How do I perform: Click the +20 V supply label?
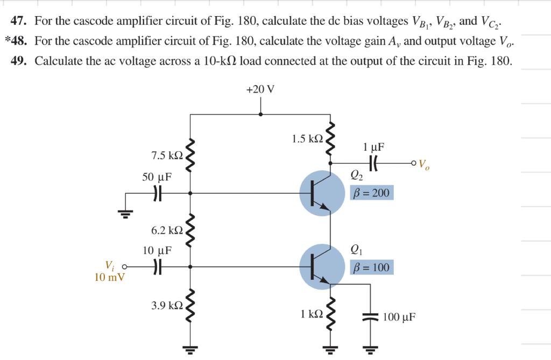point(260,89)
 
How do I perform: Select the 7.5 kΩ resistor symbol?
point(190,155)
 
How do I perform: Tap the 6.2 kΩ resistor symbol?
point(190,230)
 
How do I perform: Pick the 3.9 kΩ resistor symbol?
point(190,306)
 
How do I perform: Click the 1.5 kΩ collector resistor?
point(330,138)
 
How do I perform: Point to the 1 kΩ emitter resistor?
point(330,313)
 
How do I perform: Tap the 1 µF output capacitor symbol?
point(373,162)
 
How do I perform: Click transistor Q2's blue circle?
point(322,193)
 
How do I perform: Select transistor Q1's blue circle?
point(322,267)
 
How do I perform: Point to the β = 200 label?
point(371,193)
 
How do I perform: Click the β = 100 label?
point(371,267)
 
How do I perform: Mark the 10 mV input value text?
point(109,278)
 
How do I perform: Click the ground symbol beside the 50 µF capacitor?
point(126,214)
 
